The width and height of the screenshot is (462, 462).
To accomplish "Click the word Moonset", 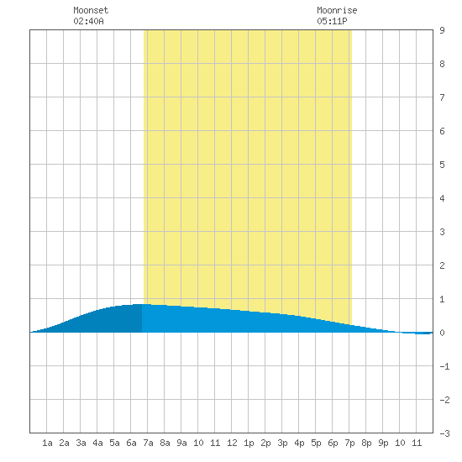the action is click(x=91, y=10).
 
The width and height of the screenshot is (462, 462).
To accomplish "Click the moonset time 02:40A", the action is click(x=88, y=21).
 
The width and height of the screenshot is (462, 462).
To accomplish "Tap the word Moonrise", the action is click(x=337, y=10).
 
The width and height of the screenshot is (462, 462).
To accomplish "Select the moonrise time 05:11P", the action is click(x=332, y=21).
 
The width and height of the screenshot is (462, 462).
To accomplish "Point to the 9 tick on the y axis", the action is click(x=442, y=30).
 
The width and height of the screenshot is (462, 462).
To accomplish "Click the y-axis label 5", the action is click(x=442, y=165).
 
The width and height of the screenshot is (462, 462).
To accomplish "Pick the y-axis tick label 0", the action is click(x=442, y=333).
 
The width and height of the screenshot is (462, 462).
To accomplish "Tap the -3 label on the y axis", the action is click(x=444, y=433).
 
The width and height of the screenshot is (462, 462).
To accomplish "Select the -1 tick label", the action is click(x=444, y=366).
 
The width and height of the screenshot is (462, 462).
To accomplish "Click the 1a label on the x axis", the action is click(x=47, y=443).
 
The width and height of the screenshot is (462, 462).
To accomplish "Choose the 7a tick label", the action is click(x=148, y=443).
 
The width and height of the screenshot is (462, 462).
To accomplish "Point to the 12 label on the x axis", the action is click(x=232, y=443).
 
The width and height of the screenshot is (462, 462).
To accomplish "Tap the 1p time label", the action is click(x=249, y=443).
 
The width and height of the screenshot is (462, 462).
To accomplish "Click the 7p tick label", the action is click(x=349, y=443).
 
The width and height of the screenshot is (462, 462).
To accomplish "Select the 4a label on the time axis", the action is click(x=97, y=443).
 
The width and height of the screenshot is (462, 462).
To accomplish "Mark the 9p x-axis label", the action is click(x=383, y=443).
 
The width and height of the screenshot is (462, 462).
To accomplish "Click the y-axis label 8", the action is click(x=442, y=64).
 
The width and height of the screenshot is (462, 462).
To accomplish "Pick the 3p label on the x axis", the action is click(x=282, y=443).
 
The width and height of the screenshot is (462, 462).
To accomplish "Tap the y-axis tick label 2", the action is click(x=442, y=265).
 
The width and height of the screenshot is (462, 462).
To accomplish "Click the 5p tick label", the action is click(x=316, y=443).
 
